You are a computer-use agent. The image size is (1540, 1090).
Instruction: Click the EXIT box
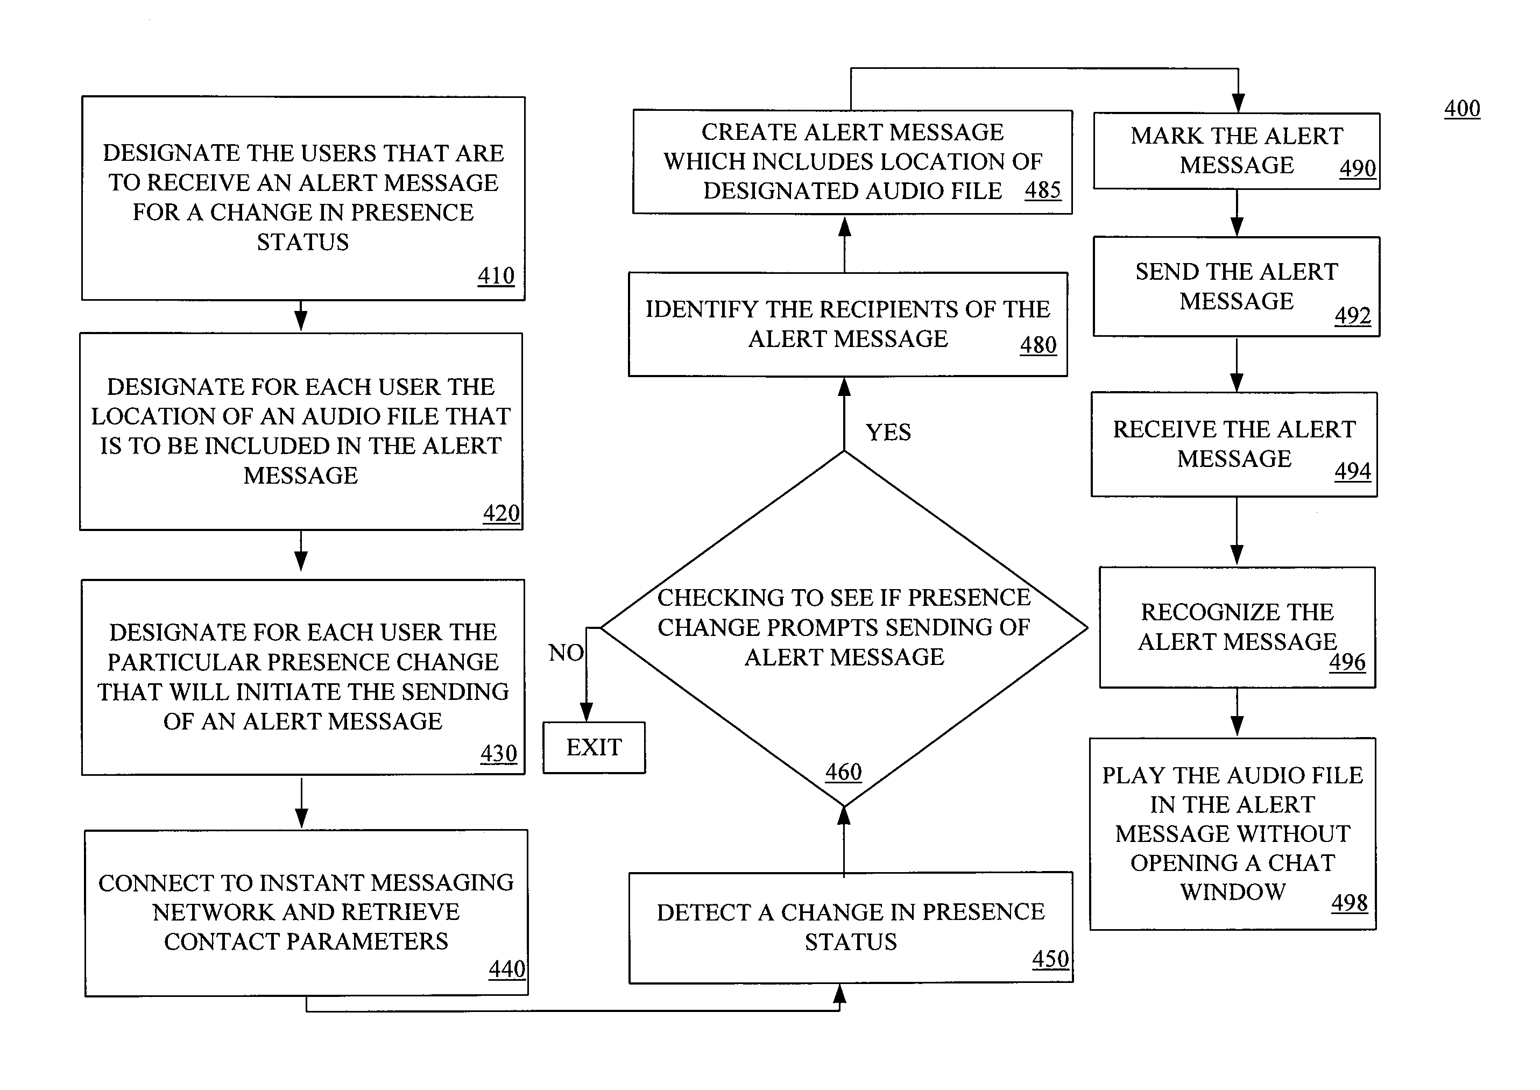pyautogui.click(x=594, y=747)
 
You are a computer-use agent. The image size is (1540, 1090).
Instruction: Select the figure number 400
pyautogui.click(x=1462, y=108)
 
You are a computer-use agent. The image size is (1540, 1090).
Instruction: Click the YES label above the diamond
pyautogui.click(x=888, y=432)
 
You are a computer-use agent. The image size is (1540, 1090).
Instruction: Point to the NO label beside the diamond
pyautogui.click(x=566, y=653)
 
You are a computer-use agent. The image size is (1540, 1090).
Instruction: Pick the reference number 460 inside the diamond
pyautogui.click(x=843, y=772)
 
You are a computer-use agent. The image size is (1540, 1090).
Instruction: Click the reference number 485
pyautogui.click(x=1043, y=190)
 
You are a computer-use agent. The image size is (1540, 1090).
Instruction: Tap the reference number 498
pyautogui.click(x=1350, y=903)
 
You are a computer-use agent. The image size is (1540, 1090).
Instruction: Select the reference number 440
pyautogui.click(x=507, y=968)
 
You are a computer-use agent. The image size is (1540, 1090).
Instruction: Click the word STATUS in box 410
pyautogui.click(x=303, y=242)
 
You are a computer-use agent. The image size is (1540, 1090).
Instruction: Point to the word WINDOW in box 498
pyautogui.click(x=1233, y=892)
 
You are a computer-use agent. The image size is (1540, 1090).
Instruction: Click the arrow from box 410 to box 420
pyautogui.click(x=301, y=315)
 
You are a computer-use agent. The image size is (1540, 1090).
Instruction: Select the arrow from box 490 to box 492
pyautogui.click(x=1237, y=213)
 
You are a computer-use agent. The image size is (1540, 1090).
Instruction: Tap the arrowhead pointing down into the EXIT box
pyautogui.click(x=586, y=712)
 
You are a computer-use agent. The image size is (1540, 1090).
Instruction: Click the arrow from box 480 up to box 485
pyautogui.click(x=844, y=244)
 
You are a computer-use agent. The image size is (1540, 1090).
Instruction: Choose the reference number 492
pyautogui.click(x=1353, y=315)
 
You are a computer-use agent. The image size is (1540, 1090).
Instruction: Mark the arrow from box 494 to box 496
pyautogui.click(x=1237, y=531)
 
